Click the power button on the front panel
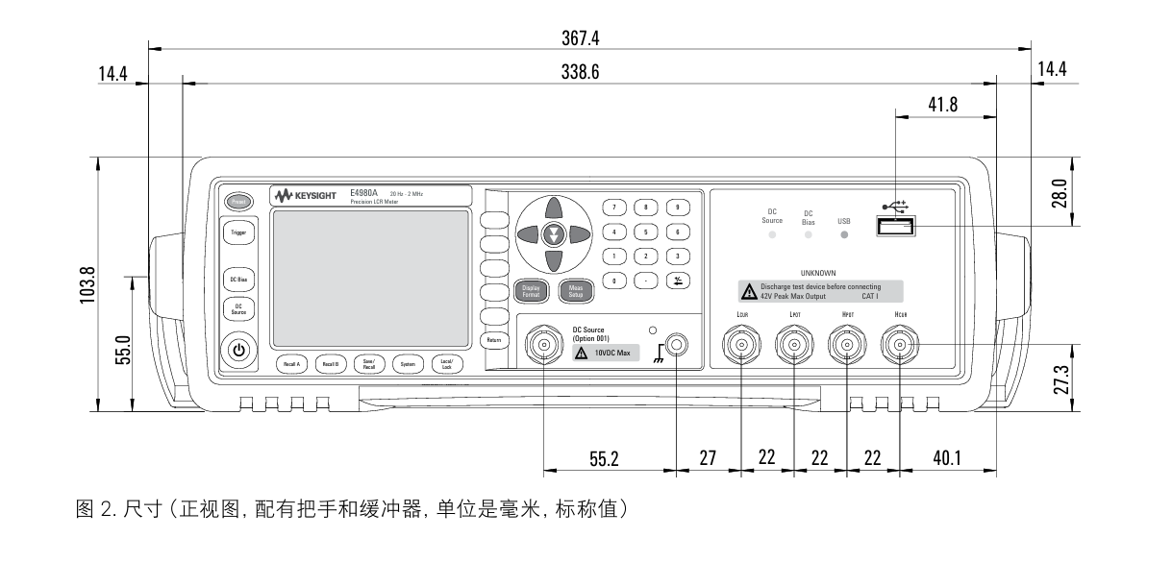click(238, 351)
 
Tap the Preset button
click(237, 202)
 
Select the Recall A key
click(291, 364)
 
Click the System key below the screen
click(408, 364)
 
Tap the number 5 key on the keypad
click(646, 232)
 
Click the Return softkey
click(494, 340)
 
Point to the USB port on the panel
click(895, 227)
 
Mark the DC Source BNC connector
click(544, 345)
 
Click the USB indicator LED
click(844, 234)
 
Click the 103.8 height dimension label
click(85, 284)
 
